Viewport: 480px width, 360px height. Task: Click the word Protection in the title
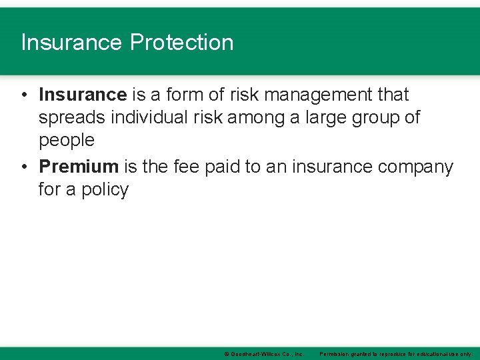(x=182, y=43)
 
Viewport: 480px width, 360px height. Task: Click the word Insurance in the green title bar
(x=72, y=43)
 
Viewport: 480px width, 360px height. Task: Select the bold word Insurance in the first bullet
(x=83, y=95)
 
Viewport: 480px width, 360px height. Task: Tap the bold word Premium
(x=78, y=167)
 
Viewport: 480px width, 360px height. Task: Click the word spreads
(x=71, y=118)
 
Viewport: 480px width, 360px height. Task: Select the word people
(x=67, y=141)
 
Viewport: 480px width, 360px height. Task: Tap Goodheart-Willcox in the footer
(x=253, y=353)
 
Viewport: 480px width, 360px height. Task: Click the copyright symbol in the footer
(x=227, y=353)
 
